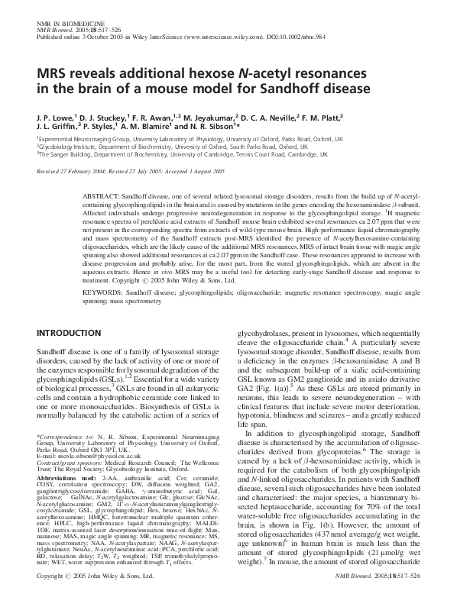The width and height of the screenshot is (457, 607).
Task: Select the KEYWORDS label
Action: point(99,292)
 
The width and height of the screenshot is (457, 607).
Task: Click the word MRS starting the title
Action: point(52,72)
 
